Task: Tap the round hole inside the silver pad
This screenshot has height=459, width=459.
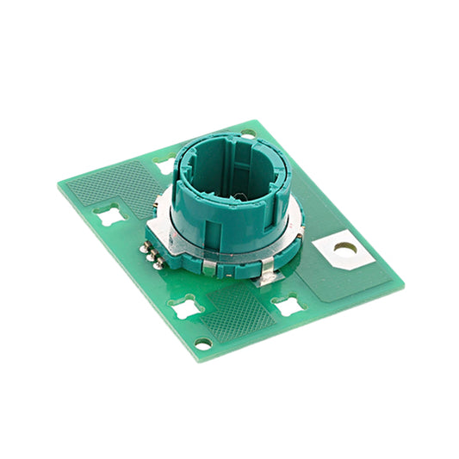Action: [x=345, y=248]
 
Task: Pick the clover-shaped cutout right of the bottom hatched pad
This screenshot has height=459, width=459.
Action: [x=287, y=304]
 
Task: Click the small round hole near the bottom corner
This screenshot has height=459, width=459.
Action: [x=203, y=343]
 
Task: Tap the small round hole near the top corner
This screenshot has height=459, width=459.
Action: [x=248, y=133]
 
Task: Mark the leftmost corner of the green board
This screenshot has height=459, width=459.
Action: [x=59, y=183]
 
